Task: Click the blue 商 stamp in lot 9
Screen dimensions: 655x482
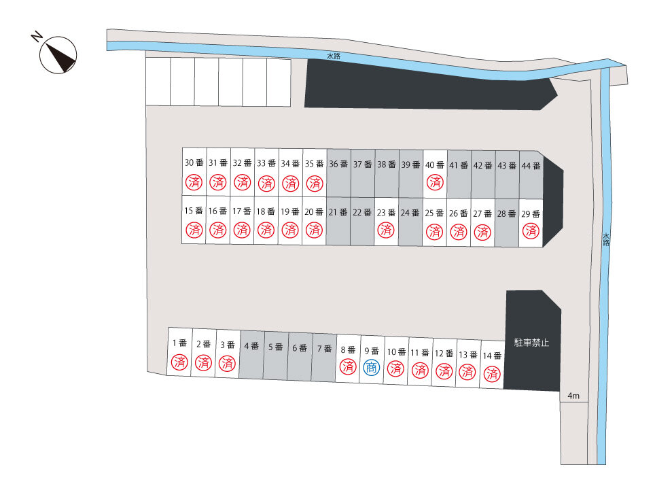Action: tap(372, 368)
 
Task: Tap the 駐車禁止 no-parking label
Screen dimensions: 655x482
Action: tap(531, 343)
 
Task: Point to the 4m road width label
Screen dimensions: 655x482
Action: tap(573, 396)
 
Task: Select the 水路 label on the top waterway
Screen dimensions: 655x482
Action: tap(334, 56)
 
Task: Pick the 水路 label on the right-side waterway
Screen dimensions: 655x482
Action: tap(606, 239)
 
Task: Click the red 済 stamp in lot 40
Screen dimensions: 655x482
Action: tap(435, 182)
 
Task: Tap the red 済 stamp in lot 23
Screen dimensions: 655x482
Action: tap(386, 230)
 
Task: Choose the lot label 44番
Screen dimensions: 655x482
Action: tap(531, 166)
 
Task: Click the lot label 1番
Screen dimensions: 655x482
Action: tap(179, 343)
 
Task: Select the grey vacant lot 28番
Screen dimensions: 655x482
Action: tap(507, 223)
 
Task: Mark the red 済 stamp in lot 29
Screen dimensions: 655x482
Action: tap(531, 230)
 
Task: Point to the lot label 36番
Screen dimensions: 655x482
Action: tap(338, 164)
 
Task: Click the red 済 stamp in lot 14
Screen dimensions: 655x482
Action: tap(492, 373)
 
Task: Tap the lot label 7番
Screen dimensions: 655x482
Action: tap(325, 349)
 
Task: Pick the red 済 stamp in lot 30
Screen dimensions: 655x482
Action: tap(194, 182)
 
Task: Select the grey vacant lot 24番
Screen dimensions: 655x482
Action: tap(410, 222)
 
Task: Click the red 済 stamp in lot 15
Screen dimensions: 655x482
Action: tap(194, 230)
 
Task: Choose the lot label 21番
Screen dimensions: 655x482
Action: tap(338, 212)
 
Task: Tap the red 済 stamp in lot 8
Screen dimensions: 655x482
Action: tap(348, 366)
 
